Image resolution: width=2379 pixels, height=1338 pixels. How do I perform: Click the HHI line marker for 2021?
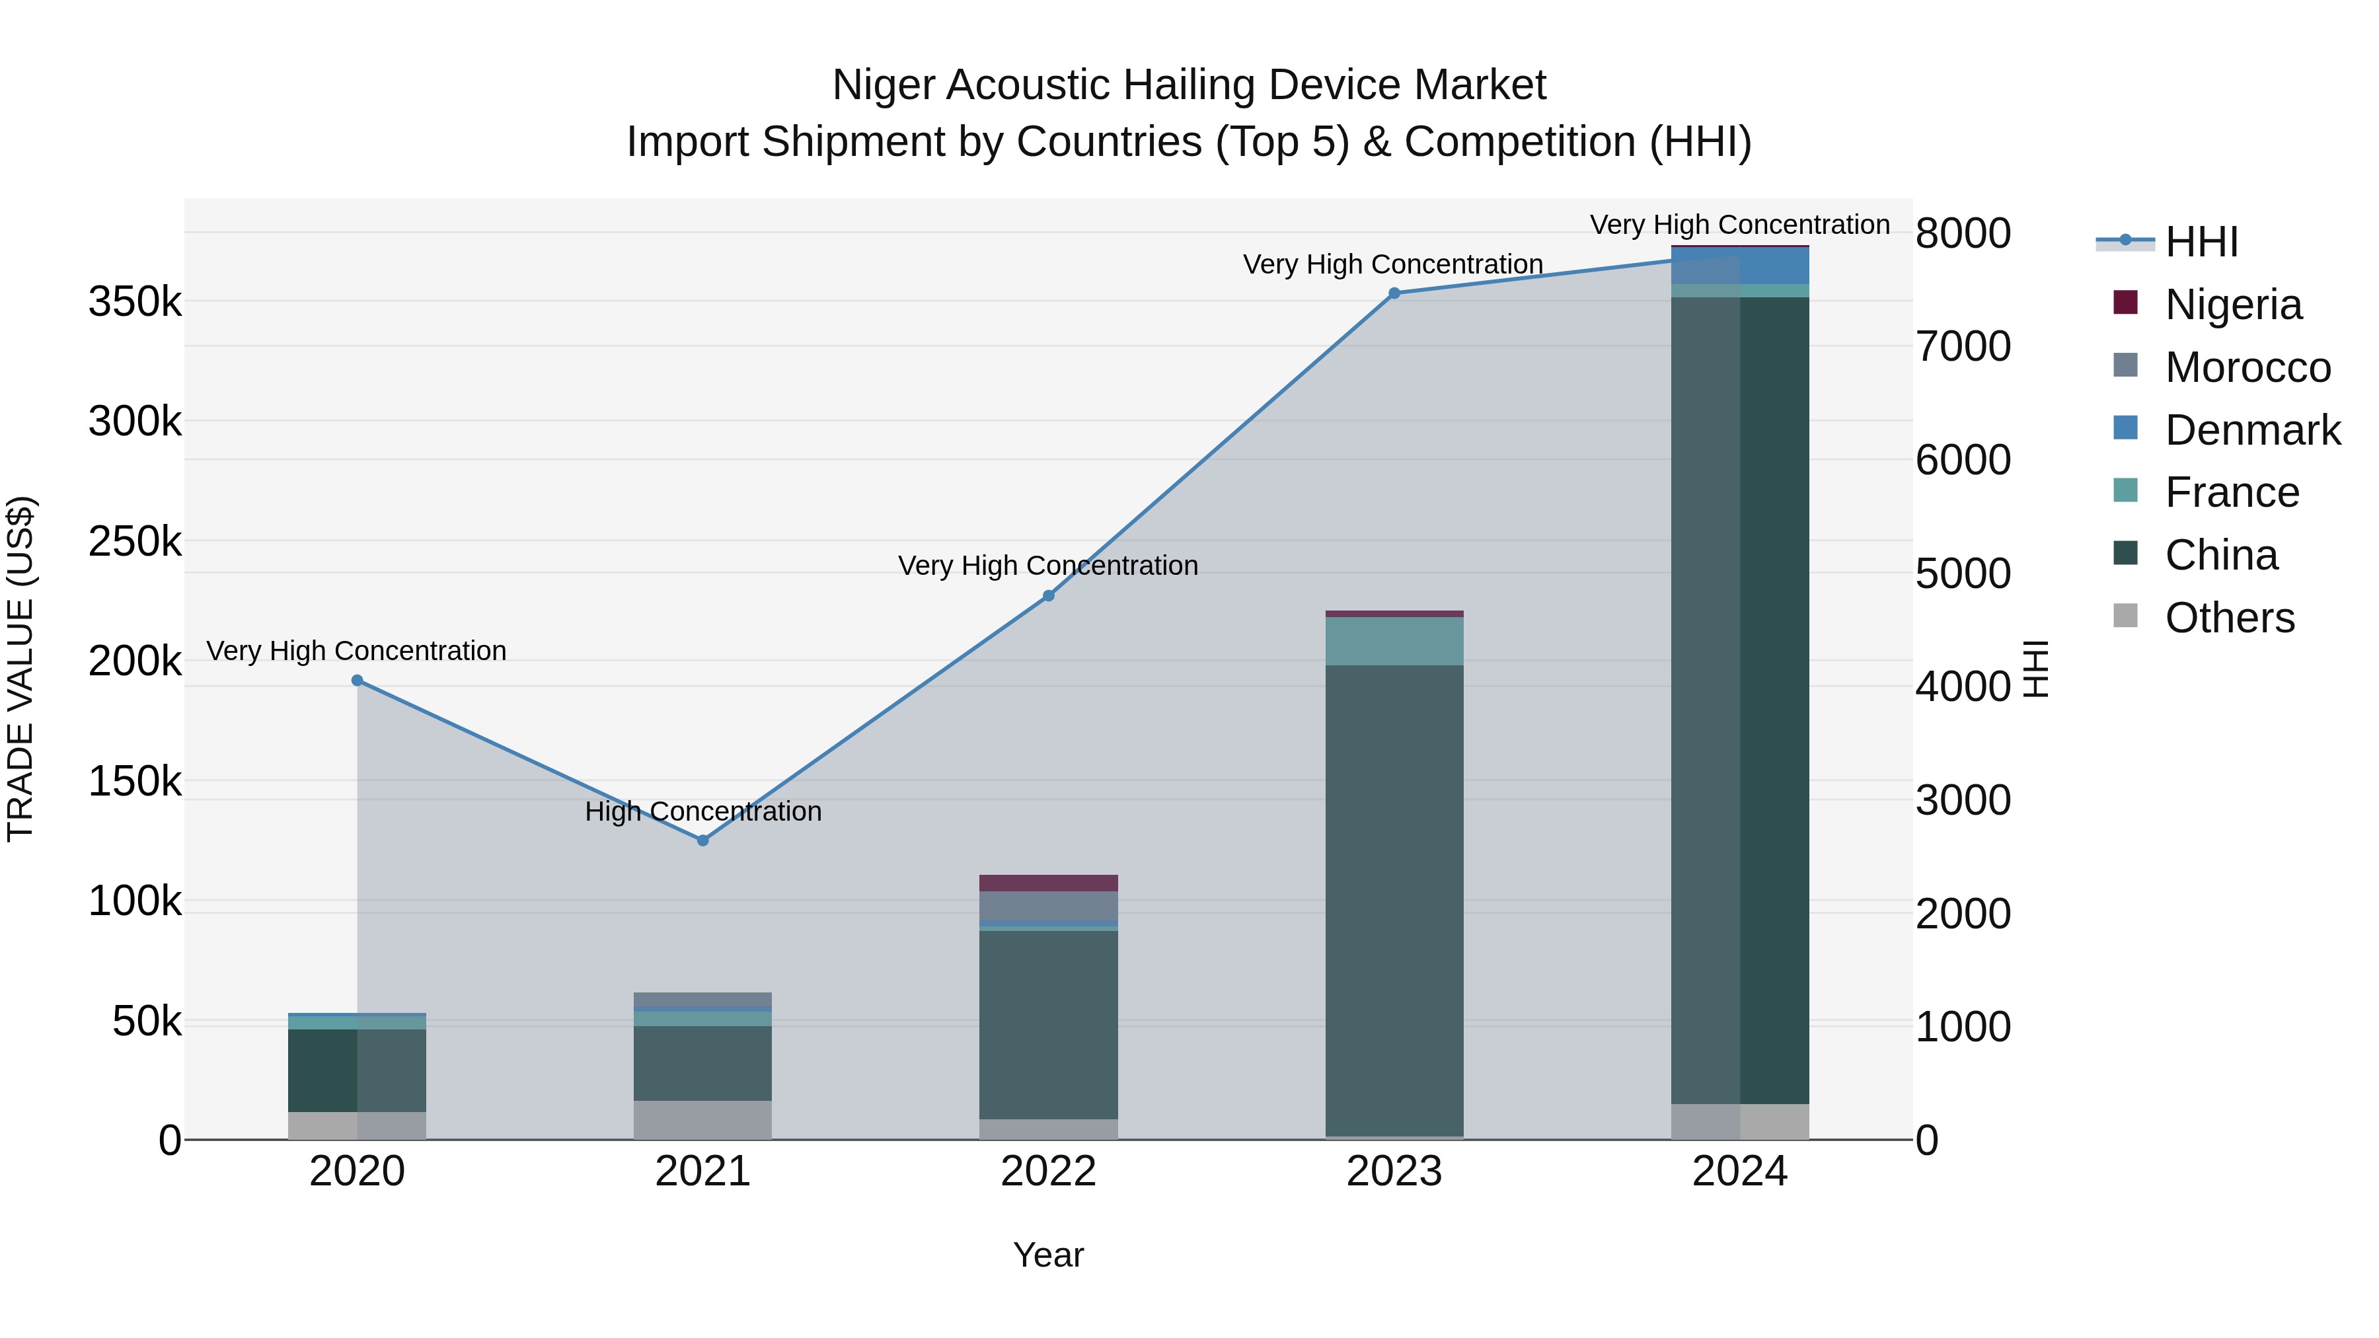(x=703, y=840)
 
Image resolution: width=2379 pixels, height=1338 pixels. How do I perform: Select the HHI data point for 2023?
(x=1394, y=293)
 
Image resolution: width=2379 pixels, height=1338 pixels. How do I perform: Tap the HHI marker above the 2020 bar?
(x=358, y=681)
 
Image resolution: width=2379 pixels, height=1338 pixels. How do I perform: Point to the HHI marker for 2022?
(x=1048, y=595)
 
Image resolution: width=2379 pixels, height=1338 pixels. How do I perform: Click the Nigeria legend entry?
(x=2232, y=305)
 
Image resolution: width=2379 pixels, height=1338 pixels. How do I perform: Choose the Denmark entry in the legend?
(x=2251, y=430)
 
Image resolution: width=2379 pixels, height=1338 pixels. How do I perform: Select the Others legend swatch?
(x=2126, y=616)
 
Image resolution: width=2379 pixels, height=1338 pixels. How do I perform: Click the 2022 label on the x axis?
(x=1048, y=1171)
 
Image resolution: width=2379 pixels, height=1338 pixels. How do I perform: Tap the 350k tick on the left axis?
(x=135, y=302)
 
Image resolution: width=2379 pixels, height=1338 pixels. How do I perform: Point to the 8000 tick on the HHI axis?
(x=1963, y=234)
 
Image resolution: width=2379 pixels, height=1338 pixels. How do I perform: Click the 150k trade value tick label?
(x=135, y=782)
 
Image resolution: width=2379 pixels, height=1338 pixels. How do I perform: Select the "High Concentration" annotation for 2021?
(x=703, y=811)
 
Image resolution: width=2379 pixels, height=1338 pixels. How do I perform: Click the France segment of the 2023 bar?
(x=1394, y=641)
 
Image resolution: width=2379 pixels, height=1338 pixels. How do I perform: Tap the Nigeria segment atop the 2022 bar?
(x=1048, y=883)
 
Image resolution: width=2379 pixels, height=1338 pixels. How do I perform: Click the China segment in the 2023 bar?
(x=1394, y=901)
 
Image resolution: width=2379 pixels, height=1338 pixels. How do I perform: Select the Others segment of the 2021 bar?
(x=703, y=1119)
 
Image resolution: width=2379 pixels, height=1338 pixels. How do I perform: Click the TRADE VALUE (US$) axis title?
(x=20, y=669)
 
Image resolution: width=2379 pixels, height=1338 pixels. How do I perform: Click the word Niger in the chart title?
(x=882, y=86)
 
